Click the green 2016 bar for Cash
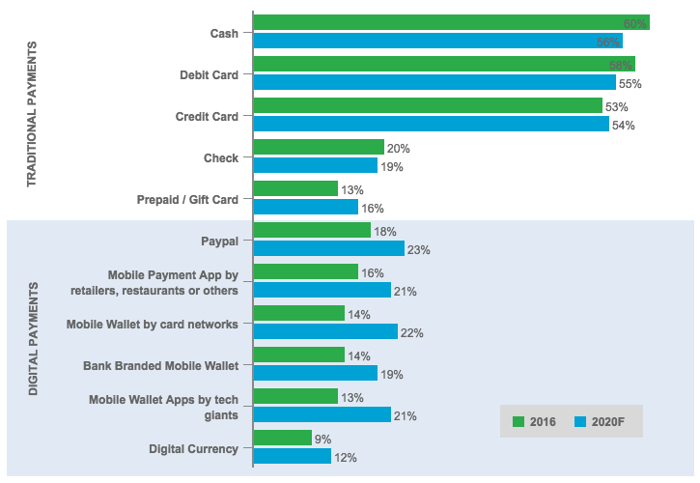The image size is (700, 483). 451,22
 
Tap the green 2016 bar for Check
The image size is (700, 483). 319,147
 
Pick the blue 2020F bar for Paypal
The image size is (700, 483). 329,248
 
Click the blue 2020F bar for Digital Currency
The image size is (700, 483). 293,456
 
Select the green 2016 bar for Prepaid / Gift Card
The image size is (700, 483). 295,188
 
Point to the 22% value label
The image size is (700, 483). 412,332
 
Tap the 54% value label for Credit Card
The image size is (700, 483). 623,126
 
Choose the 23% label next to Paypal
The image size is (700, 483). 418,250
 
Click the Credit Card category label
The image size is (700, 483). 207,117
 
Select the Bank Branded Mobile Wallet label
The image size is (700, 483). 159,366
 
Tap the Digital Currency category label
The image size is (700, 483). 193,449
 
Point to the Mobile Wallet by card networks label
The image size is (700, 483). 152,325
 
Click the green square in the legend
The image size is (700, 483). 518,422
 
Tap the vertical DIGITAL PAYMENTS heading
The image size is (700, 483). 33,338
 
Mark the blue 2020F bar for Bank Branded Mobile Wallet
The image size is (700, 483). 316,373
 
